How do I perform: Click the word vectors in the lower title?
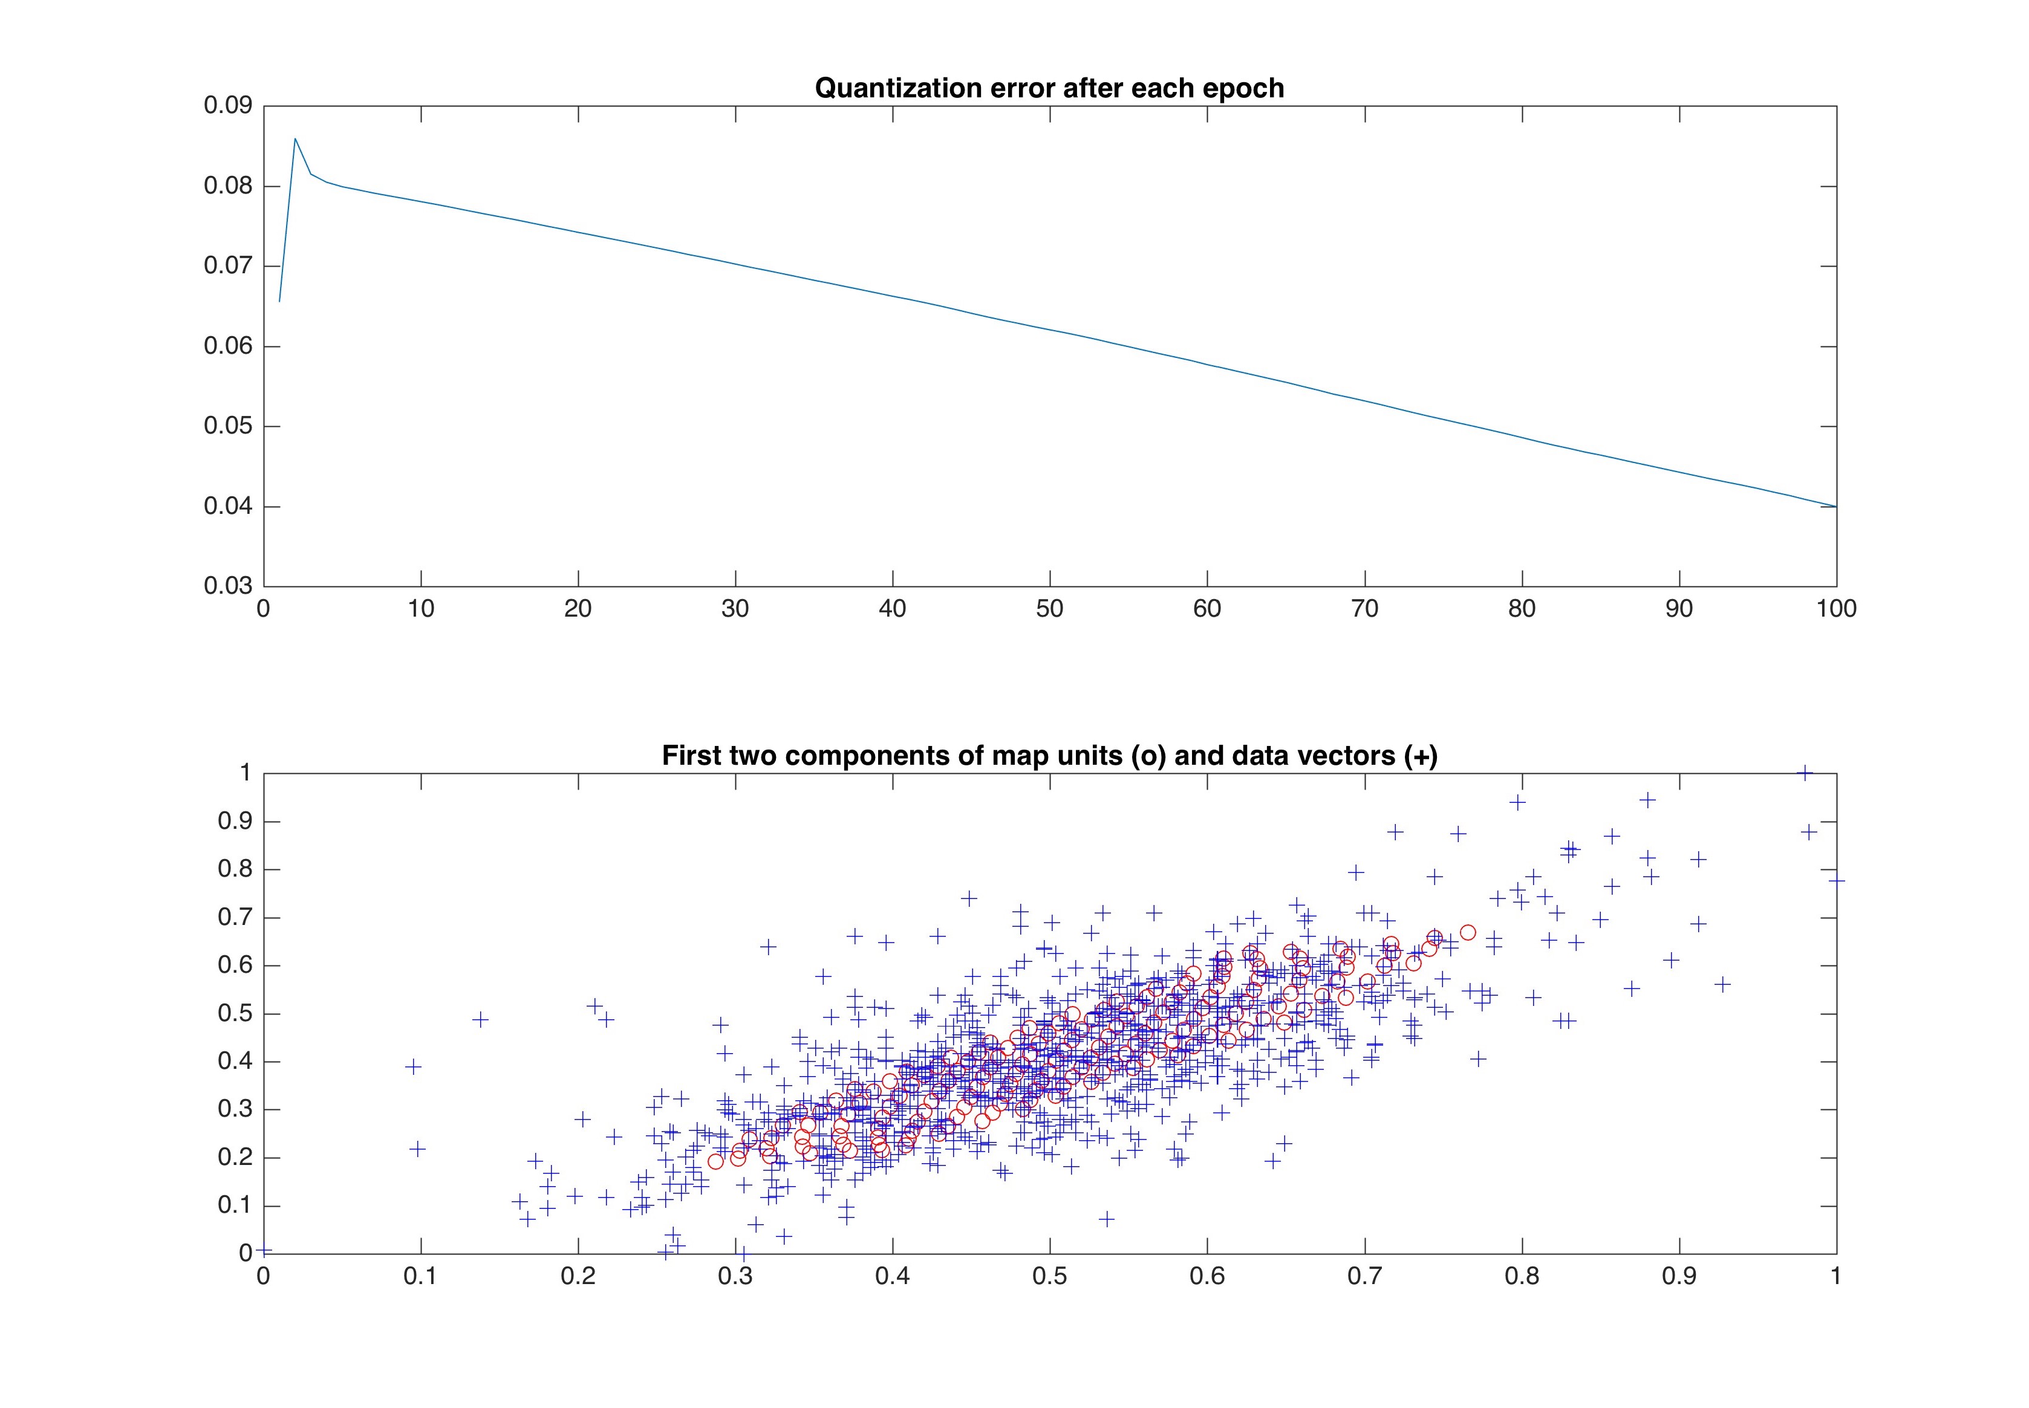1339,756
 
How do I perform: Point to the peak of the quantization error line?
295,138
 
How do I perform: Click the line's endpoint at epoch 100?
1835,507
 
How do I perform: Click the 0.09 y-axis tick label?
228,106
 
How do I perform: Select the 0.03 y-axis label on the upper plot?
228,586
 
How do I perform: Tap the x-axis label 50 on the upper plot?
1049,609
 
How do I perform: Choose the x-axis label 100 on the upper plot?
1835,609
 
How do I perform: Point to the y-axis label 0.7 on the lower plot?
235,918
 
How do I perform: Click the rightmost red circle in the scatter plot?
1468,932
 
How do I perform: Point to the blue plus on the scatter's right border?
1835,880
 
